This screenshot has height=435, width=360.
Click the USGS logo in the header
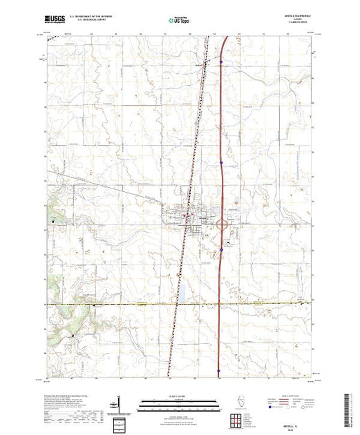coord(54,20)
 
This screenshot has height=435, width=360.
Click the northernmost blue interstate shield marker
coord(220,61)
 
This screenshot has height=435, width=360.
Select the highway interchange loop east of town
coord(223,224)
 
